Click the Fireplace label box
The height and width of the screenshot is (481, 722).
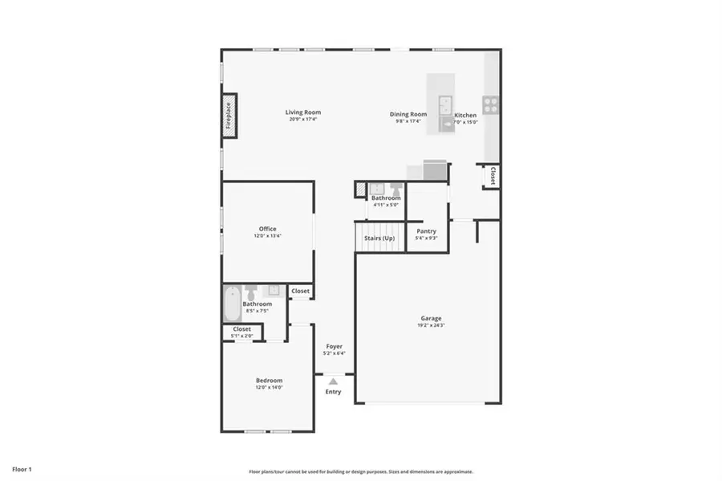[229, 116]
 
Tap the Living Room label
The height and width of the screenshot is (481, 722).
[303, 112]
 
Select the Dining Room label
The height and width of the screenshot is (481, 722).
[408, 114]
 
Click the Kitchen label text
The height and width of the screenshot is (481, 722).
[465, 116]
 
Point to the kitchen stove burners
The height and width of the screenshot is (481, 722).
[489, 104]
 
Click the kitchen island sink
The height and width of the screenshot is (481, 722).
[444, 103]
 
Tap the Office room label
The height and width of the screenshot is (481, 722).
[267, 229]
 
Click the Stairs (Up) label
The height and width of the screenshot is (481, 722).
[379, 238]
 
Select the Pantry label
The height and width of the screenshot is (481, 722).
[426, 231]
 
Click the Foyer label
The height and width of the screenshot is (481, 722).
[334, 346]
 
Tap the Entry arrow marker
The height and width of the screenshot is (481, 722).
[333, 381]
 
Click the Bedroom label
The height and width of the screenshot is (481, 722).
[269, 381]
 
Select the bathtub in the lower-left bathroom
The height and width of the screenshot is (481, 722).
[231, 303]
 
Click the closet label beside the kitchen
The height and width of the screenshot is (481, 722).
[493, 175]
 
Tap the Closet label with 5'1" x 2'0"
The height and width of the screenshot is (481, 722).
[241, 329]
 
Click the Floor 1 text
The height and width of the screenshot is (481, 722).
[21, 468]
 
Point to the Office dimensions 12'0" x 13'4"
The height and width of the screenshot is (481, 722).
[267, 236]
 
